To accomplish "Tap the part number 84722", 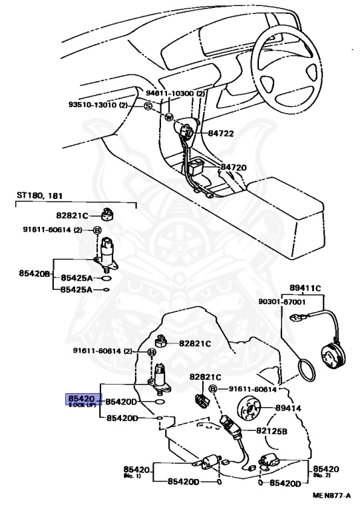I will (x=222, y=133).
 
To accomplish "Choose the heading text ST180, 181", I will (x=38, y=195).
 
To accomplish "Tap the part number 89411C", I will (x=305, y=288).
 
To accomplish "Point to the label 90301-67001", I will (x=281, y=301).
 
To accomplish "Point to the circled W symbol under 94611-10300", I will (x=169, y=118).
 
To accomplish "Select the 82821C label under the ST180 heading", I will (x=73, y=215).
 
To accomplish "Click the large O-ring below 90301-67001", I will (x=308, y=369).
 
